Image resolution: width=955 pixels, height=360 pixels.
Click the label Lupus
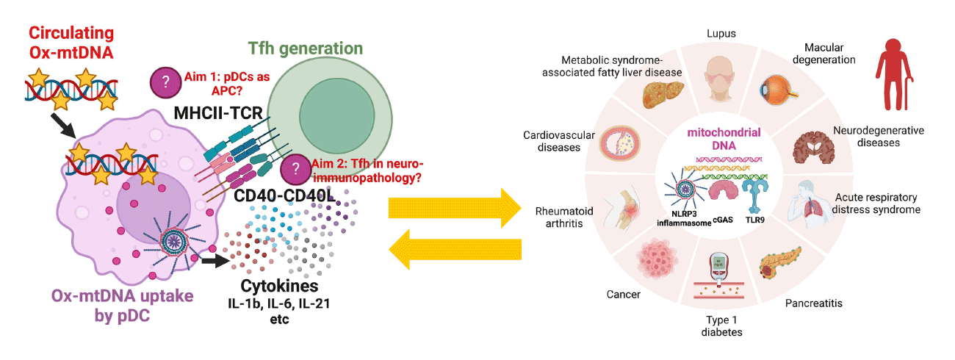coord(721,34)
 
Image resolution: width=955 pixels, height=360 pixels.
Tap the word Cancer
coord(624,295)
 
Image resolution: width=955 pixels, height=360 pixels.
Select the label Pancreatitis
coord(814,303)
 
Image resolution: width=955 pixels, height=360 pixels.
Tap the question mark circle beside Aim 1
coord(165,81)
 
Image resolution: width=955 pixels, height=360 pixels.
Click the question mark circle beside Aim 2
coord(296,168)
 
